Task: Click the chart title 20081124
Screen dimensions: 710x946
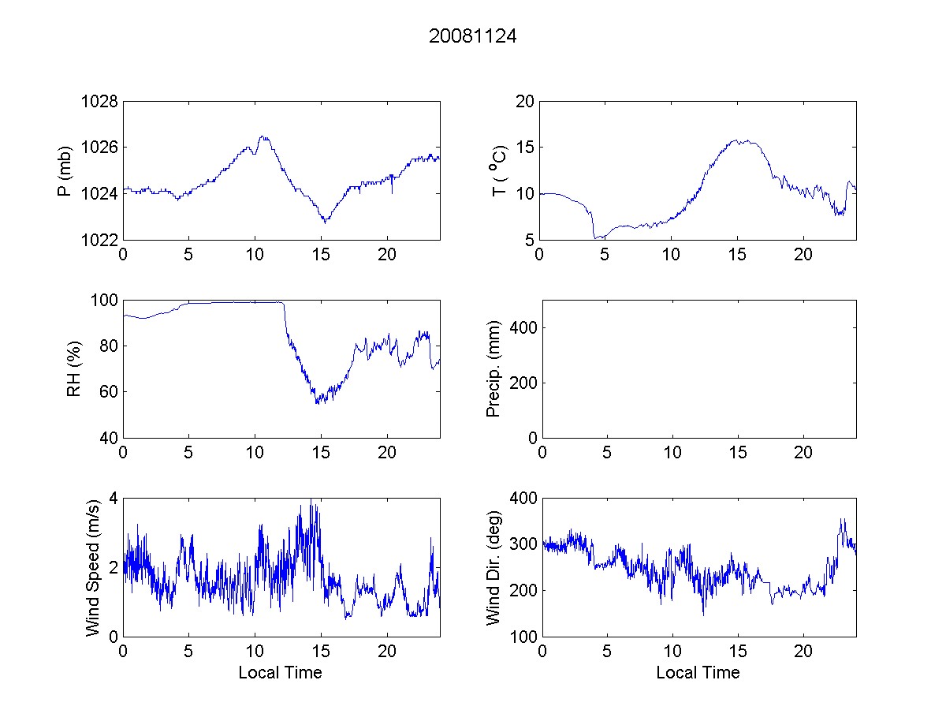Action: click(472, 36)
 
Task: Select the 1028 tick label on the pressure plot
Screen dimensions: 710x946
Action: click(99, 102)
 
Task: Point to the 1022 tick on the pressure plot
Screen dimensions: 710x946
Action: click(99, 239)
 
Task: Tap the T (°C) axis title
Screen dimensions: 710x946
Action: click(498, 170)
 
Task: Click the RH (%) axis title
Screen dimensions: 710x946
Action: click(74, 369)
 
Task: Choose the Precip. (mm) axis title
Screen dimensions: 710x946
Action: click(493, 369)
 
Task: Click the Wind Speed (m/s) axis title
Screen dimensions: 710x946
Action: click(93, 567)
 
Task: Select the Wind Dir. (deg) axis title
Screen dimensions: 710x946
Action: click(493, 567)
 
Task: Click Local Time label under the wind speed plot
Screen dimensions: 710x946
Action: click(280, 673)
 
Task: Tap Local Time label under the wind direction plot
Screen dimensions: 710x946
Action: click(698, 673)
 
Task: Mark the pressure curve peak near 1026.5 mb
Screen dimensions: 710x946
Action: click(263, 136)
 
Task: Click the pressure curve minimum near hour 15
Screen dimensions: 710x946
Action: click(325, 222)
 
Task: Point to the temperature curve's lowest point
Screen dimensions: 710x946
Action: click(595, 237)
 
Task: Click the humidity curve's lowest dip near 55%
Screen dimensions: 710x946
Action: click(317, 403)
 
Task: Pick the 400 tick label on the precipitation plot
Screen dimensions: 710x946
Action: click(523, 327)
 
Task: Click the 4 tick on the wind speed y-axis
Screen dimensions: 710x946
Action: click(114, 498)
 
